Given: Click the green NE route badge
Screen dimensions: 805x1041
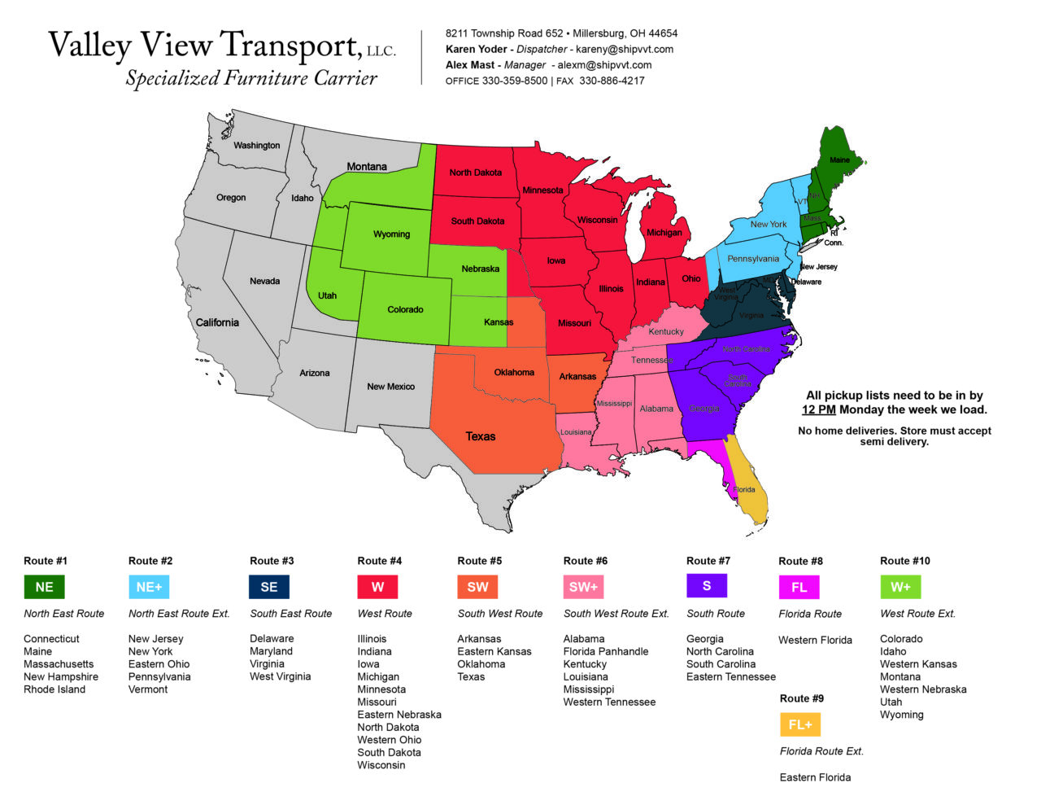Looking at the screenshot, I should [x=44, y=587].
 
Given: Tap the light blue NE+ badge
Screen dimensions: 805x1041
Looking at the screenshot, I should [x=149, y=587].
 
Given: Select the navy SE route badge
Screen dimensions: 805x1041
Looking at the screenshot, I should [x=269, y=587].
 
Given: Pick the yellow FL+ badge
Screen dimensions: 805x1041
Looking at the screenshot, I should [x=800, y=724].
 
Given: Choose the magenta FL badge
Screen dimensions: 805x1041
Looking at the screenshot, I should [x=799, y=587].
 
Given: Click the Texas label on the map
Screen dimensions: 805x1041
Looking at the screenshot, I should [x=481, y=436].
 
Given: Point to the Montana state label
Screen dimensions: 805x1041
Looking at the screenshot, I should [x=367, y=167].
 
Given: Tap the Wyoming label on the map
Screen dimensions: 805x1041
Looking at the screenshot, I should [x=391, y=234].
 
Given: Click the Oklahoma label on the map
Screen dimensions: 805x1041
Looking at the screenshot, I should [x=514, y=373].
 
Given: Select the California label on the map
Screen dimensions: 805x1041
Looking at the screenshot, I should [x=217, y=322].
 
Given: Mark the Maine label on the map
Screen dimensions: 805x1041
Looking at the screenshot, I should [x=839, y=160].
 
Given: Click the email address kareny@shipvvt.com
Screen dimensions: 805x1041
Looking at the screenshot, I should [x=625, y=49].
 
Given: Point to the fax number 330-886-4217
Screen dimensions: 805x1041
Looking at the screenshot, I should [x=612, y=81].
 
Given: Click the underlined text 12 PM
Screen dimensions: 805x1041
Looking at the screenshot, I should [x=818, y=409].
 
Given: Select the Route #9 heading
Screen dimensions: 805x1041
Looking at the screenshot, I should [x=801, y=698].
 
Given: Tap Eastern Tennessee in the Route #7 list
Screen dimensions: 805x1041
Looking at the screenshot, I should [x=730, y=676].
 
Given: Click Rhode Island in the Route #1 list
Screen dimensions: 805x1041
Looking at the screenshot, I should [x=54, y=689].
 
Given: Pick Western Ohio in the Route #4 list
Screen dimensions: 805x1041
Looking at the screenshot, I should [x=389, y=740].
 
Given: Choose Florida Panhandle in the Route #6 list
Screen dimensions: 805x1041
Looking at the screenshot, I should [x=606, y=651].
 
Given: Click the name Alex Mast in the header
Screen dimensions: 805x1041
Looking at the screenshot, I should [x=469, y=65].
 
